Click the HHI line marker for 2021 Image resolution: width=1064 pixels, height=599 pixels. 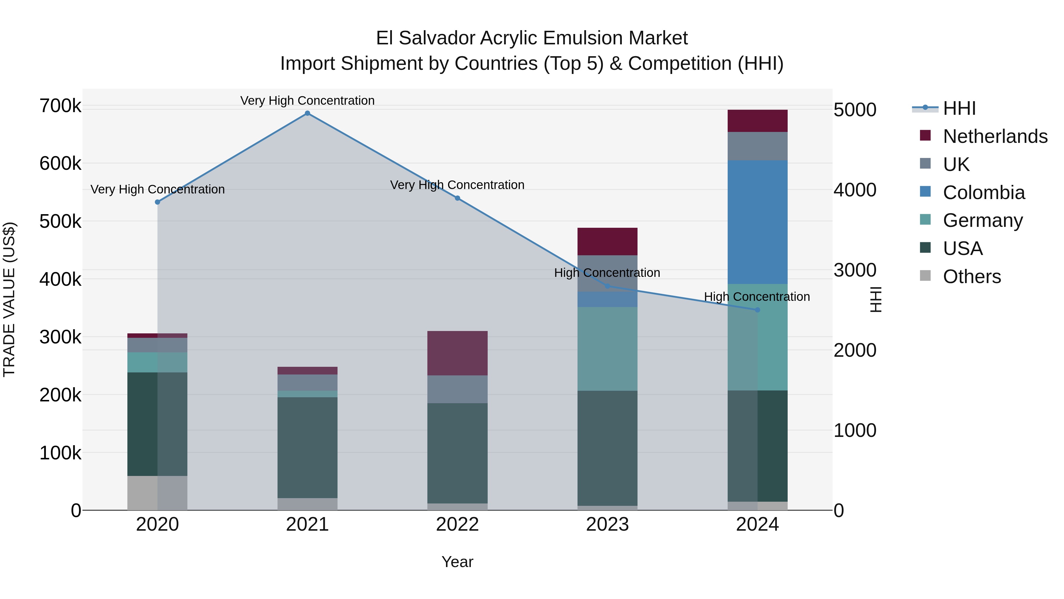(x=307, y=113)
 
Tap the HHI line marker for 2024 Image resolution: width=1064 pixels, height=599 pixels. (x=757, y=310)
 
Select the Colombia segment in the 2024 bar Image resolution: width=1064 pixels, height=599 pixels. (x=757, y=222)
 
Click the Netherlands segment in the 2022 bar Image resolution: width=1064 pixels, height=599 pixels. (x=457, y=353)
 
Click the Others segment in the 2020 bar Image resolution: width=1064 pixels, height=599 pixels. (x=157, y=493)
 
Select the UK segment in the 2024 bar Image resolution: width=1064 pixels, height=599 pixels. (x=757, y=146)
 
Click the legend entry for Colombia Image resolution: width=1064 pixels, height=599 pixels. (x=983, y=193)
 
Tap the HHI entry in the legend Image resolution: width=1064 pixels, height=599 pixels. (x=959, y=108)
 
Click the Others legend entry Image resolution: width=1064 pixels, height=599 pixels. (x=971, y=277)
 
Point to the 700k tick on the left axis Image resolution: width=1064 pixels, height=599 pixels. (x=60, y=106)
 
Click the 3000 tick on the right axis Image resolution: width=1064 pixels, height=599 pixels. (x=854, y=270)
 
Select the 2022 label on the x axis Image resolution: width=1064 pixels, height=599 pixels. (x=457, y=524)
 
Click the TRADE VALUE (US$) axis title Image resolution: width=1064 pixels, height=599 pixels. (x=9, y=299)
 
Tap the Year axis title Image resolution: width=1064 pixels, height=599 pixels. (x=457, y=562)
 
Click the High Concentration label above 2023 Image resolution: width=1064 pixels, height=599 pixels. (x=607, y=273)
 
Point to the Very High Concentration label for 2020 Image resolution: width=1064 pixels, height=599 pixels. (x=157, y=189)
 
